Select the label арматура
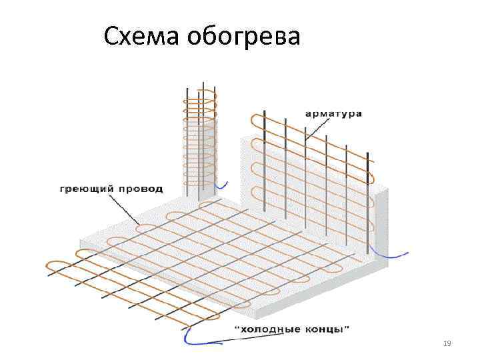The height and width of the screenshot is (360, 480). (x=333, y=113)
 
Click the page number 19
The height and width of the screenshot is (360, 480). (x=447, y=343)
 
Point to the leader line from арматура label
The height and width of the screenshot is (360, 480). (x=313, y=130)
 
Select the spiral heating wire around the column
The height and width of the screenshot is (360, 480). (x=200, y=133)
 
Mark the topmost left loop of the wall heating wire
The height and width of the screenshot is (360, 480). (x=254, y=122)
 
